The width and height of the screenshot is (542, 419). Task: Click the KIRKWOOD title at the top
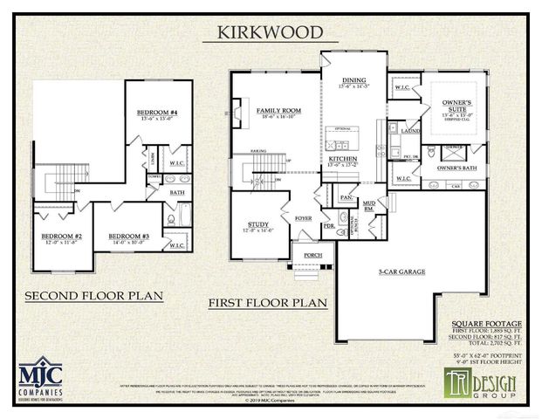pos(270,32)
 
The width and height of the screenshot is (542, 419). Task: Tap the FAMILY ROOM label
pos(278,112)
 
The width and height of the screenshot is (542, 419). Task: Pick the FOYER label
pos(303,218)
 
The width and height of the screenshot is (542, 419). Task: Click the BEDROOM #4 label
pos(157,113)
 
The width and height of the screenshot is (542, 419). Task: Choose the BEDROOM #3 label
pos(128,237)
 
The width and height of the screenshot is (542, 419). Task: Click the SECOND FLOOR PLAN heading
pos(93,295)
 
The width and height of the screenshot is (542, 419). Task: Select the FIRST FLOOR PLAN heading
pos(267,303)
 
